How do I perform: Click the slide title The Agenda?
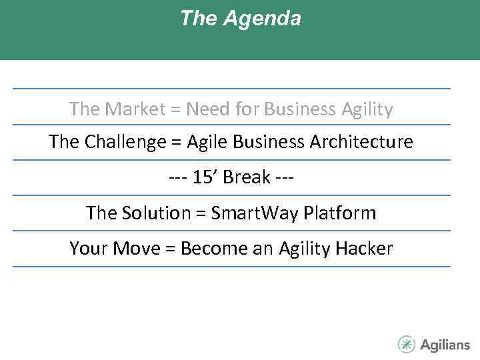240,19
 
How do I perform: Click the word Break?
247,178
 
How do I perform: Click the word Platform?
339,213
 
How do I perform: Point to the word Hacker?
364,249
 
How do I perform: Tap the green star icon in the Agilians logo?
407,344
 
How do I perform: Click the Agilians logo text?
445,345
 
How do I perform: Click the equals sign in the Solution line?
200,214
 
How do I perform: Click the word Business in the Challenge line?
271,142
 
